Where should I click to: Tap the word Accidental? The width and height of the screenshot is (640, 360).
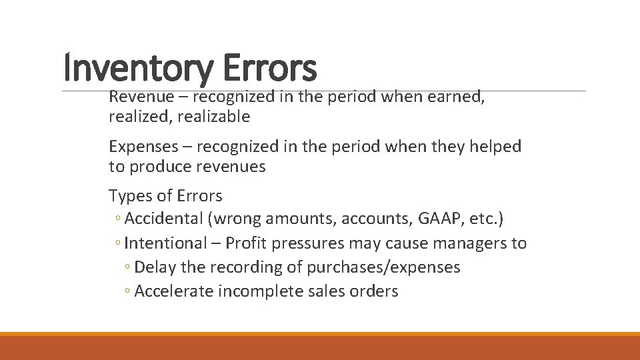[163, 219]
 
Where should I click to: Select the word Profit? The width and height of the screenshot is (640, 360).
[248, 243]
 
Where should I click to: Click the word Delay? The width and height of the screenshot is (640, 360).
[153, 267]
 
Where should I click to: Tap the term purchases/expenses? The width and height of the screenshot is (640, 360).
[384, 267]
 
